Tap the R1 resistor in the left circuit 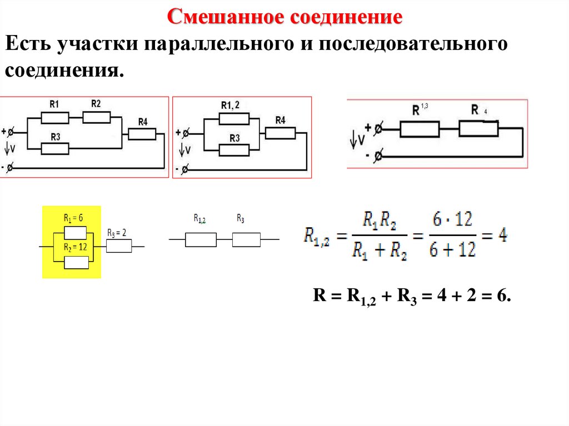tap(55, 118)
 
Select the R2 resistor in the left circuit tap(97, 117)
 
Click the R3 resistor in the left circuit tap(55, 148)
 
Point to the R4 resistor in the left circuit tap(142, 134)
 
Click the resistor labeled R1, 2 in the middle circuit tap(233, 118)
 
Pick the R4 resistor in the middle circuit tap(279, 133)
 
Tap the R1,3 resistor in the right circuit tap(420, 129)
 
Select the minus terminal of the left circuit tap(12, 167)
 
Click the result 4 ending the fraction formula tap(502, 235)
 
